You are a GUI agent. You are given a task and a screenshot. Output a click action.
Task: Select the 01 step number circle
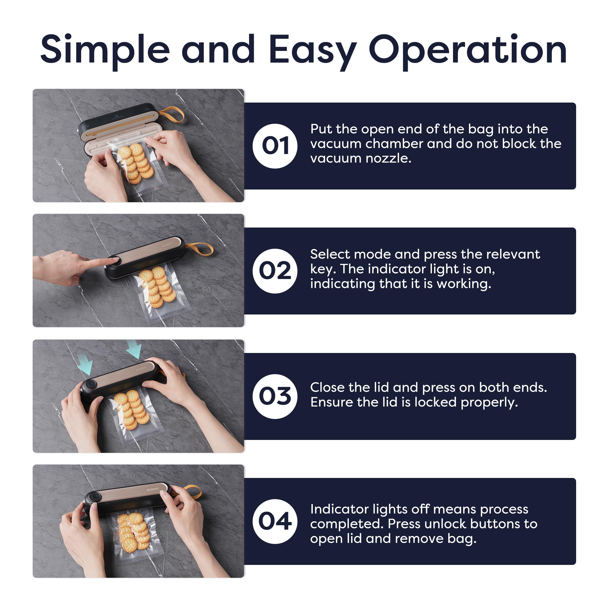[275, 146]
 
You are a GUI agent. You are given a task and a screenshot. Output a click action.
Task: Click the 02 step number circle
[275, 271]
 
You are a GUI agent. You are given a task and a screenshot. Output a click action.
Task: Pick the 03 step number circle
[275, 397]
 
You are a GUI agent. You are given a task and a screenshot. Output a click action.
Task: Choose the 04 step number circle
[275, 522]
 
